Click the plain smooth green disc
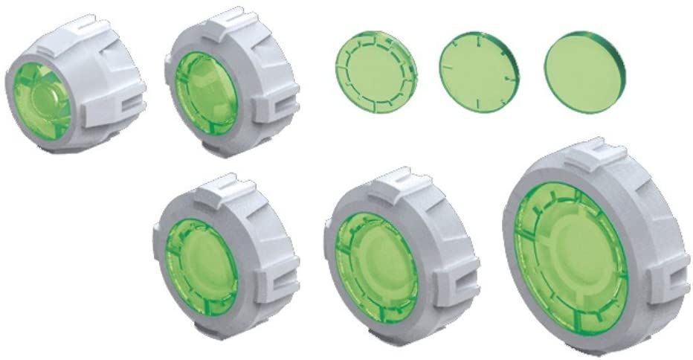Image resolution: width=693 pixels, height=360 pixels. click(584, 72)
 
